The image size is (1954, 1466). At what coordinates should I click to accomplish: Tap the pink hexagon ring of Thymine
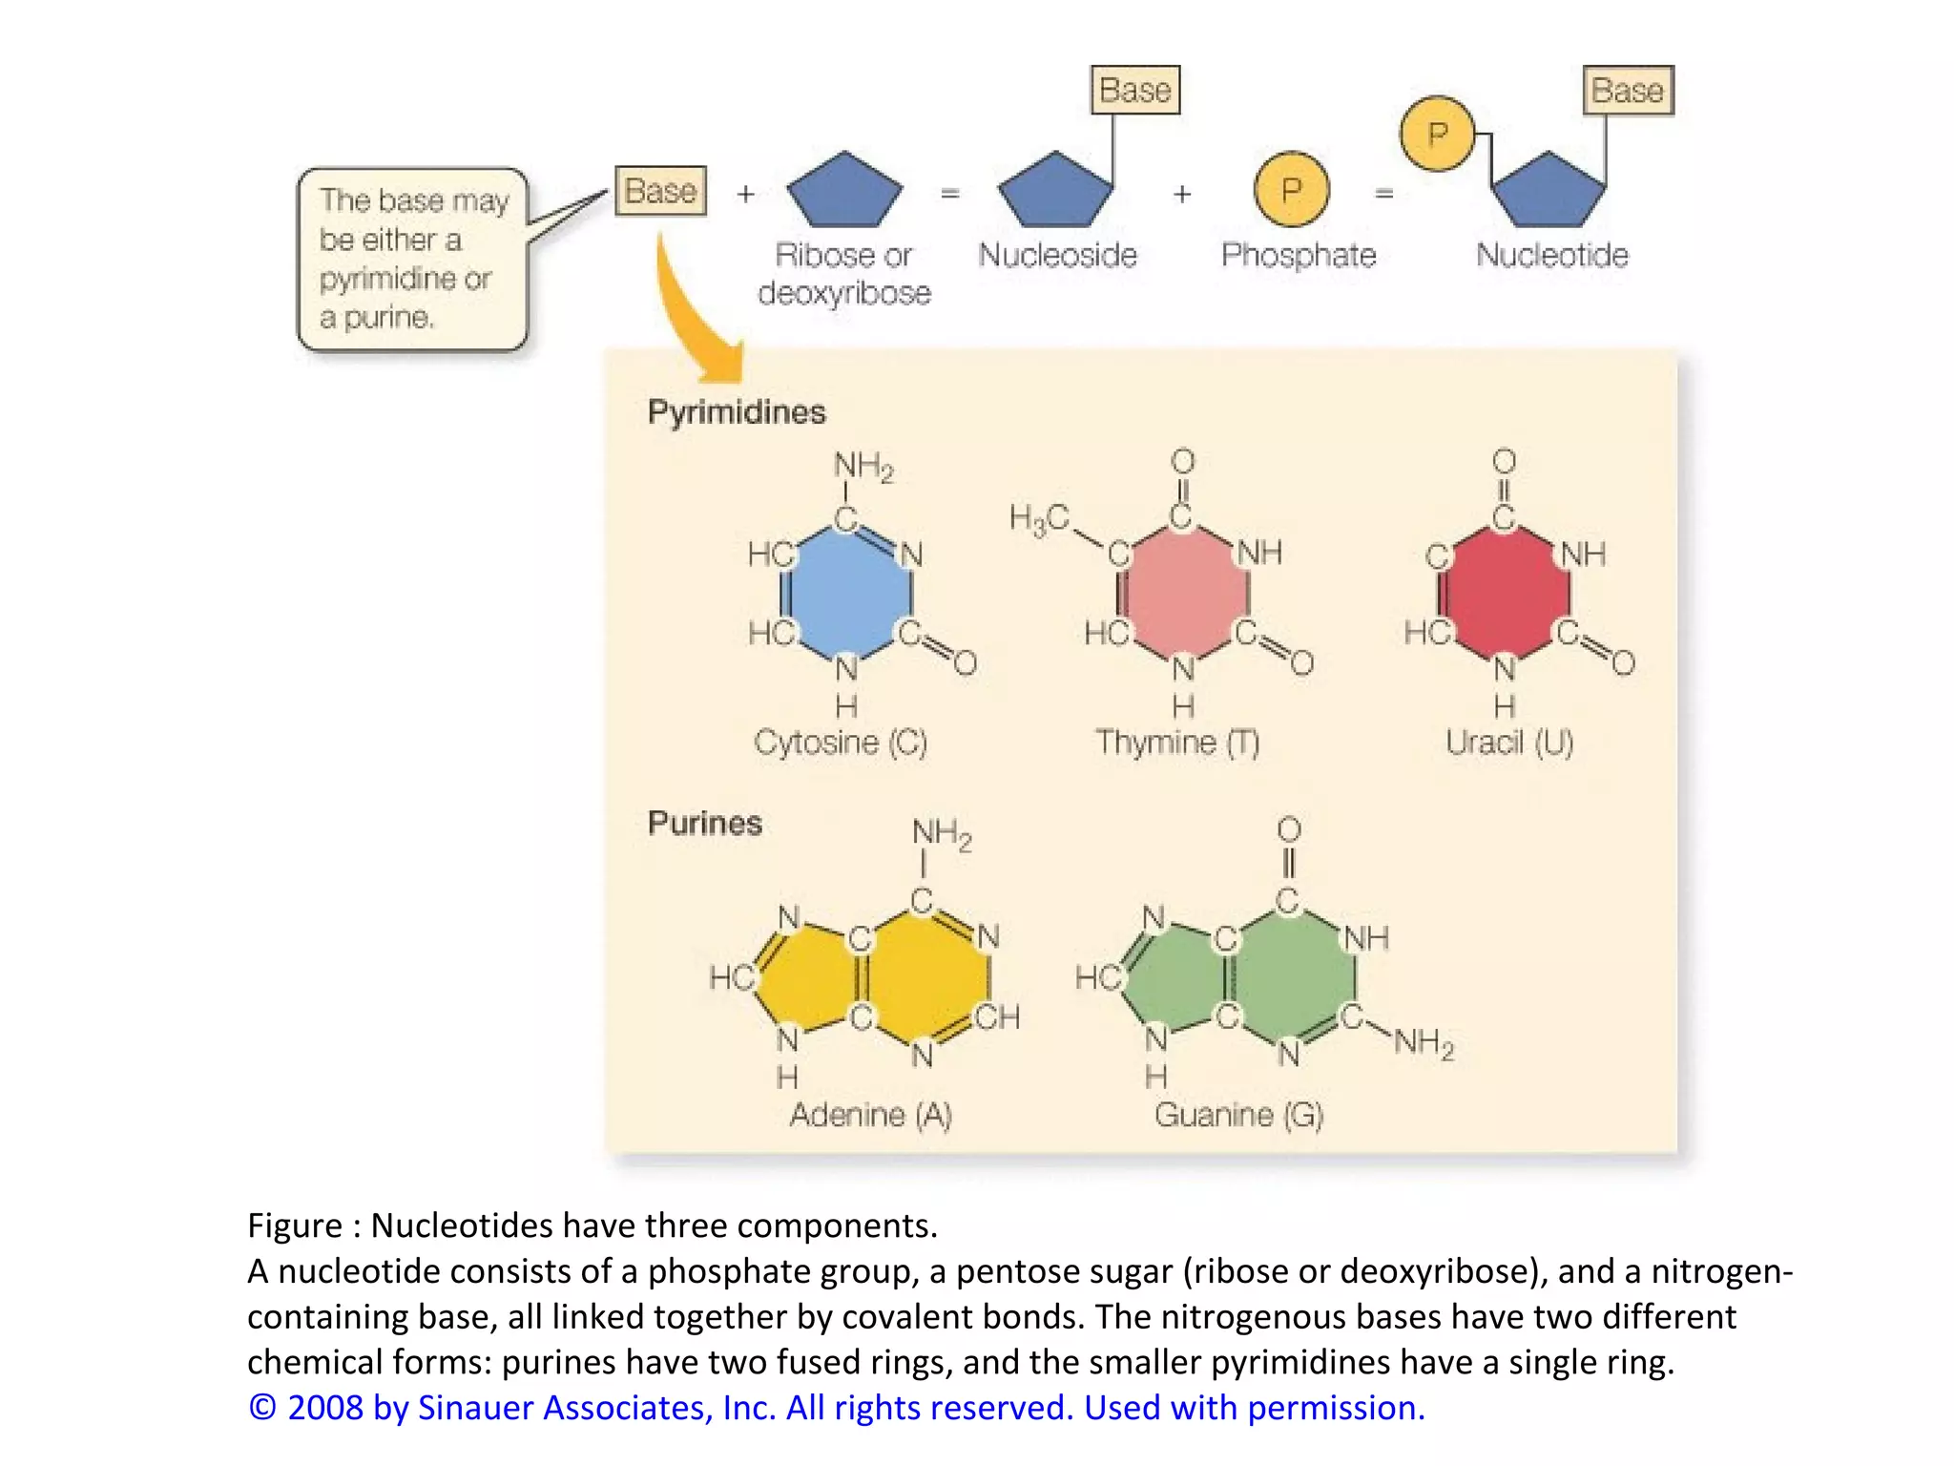(x=1183, y=593)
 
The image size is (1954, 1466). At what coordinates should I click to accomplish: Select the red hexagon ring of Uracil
(x=1504, y=593)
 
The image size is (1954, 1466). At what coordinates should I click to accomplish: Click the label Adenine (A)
(x=870, y=1115)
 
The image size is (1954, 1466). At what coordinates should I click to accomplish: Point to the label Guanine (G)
(x=1238, y=1115)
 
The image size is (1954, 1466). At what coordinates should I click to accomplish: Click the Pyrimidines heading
(x=736, y=412)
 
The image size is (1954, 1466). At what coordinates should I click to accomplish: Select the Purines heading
(x=704, y=823)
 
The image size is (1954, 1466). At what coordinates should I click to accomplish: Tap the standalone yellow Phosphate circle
(x=1291, y=190)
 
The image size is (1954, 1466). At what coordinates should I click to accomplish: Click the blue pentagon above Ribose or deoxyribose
(x=844, y=192)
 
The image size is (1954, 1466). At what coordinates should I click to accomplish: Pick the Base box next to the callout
(x=660, y=191)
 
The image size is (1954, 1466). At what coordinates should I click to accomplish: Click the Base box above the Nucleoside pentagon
(x=1135, y=91)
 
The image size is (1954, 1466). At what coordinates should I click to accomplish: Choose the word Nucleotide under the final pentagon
(x=1551, y=255)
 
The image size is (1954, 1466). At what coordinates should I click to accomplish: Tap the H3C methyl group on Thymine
(x=1039, y=519)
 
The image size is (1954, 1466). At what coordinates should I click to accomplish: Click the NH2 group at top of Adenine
(x=942, y=833)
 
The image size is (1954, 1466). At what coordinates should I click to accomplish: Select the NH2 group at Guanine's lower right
(x=1424, y=1042)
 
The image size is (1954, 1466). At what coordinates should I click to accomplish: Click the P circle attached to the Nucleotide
(x=1437, y=134)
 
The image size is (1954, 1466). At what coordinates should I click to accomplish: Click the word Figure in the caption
(x=294, y=1225)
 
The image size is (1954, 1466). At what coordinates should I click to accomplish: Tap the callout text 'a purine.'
(x=376, y=317)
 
